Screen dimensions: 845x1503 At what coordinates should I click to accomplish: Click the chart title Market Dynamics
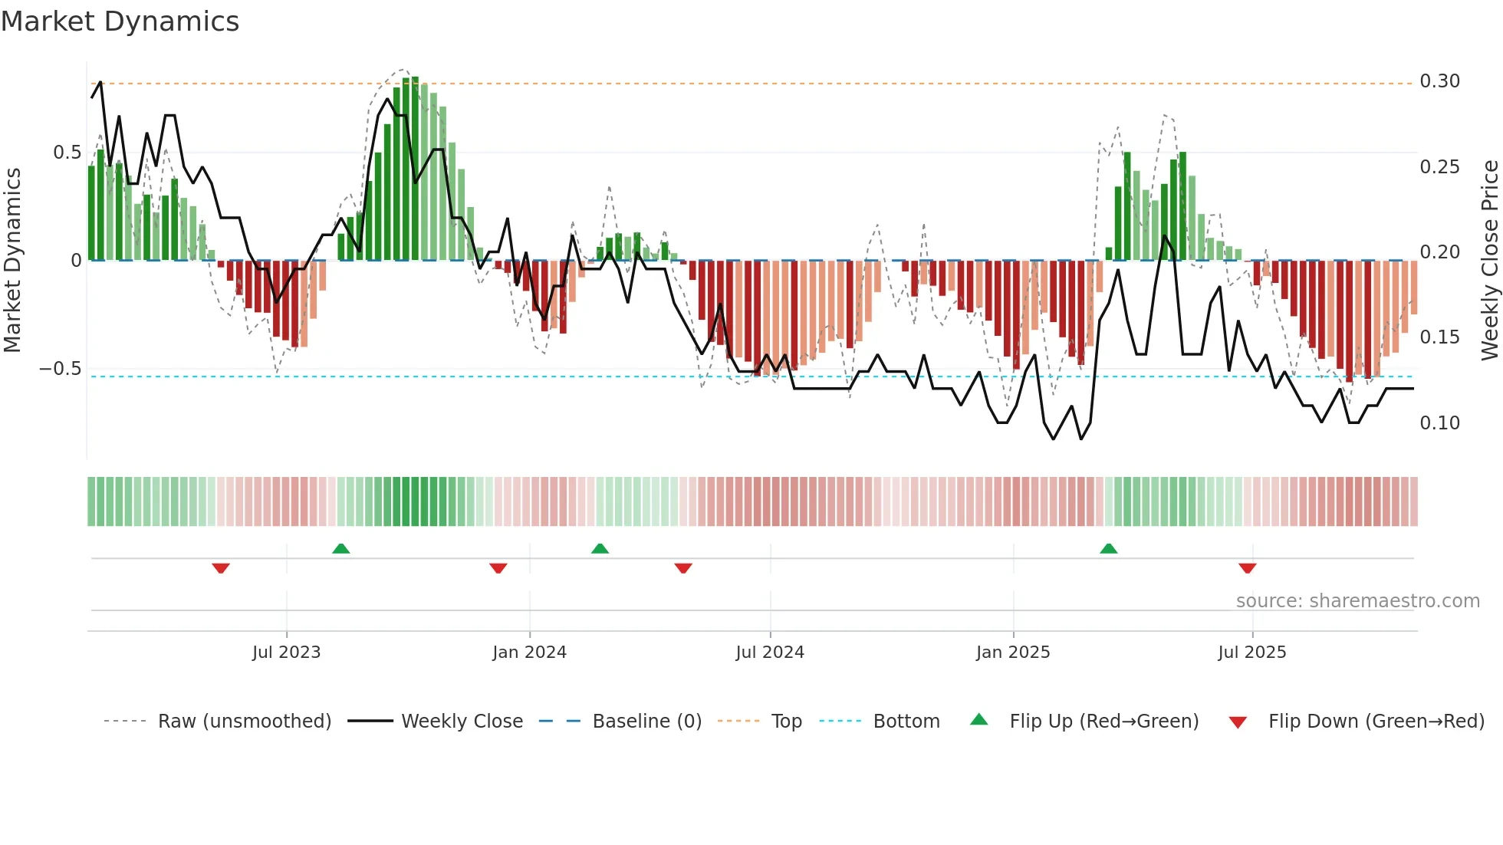click(x=120, y=21)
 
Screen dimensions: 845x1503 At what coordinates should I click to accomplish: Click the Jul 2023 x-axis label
click(x=286, y=653)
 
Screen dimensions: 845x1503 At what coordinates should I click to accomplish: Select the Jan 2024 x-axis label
click(x=529, y=653)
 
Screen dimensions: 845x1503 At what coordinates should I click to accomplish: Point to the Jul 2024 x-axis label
click(x=770, y=653)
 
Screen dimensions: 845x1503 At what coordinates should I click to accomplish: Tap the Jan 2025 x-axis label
click(x=1013, y=653)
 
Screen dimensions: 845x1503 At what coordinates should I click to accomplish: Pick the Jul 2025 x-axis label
click(x=1252, y=653)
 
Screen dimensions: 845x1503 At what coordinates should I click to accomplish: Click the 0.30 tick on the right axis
click(x=1439, y=81)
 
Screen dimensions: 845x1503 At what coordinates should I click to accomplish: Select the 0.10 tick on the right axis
click(x=1439, y=423)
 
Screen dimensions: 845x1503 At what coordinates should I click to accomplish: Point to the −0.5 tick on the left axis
click(x=61, y=369)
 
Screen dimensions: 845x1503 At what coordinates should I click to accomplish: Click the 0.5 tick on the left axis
click(x=67, y=153)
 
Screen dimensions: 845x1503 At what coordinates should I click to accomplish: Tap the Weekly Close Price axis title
click(x=1489, y=261)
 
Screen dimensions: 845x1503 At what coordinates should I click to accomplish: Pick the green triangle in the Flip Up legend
click(x=979, y=720)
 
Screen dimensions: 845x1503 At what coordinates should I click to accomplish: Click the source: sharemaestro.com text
click(x=1357, y=601)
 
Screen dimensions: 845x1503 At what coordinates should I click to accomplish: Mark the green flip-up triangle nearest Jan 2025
click(x=1109, y=548)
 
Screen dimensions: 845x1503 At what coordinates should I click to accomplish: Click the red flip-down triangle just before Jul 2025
click(x=1247, y=568)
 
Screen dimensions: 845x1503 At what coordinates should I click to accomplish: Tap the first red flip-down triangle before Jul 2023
click(x=221, y=568)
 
